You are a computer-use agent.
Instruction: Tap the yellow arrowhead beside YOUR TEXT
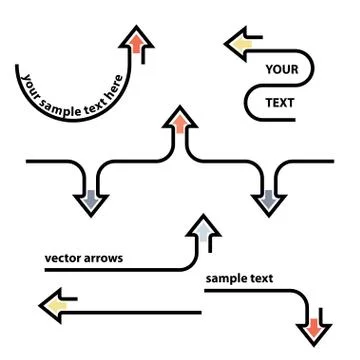[x=239, y=42]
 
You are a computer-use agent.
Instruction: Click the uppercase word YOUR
[x=282, y=69]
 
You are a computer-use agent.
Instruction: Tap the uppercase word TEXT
[x=280, y=102]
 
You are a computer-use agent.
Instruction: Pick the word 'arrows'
[x=105, y=258]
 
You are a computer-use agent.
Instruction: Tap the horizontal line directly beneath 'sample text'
[x=250, y=292]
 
